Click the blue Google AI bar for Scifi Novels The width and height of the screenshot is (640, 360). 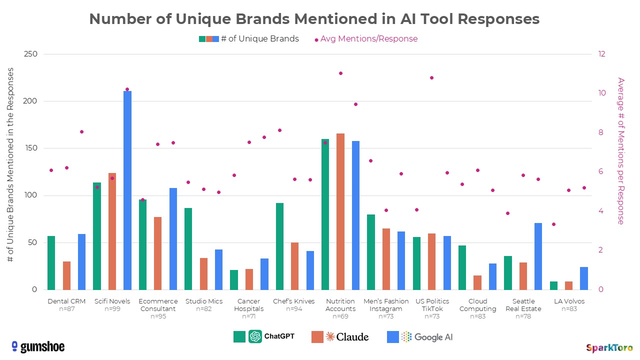coord(127,190)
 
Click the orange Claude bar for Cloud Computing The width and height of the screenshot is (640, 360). coord(477,282)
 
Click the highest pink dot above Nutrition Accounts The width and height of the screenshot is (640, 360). coord(340,73)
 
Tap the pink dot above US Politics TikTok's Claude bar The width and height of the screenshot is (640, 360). coord(431,77)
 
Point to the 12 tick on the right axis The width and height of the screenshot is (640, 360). coord(601,54)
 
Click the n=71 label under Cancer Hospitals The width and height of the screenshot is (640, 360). coord(248,316)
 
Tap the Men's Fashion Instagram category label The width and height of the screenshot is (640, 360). coord(386,305)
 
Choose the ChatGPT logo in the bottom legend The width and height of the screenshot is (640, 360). coord(255,336)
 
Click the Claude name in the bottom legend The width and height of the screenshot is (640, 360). coord(353,336)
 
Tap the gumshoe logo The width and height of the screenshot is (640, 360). coord(38,346)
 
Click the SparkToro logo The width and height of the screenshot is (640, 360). coord(609,347)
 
